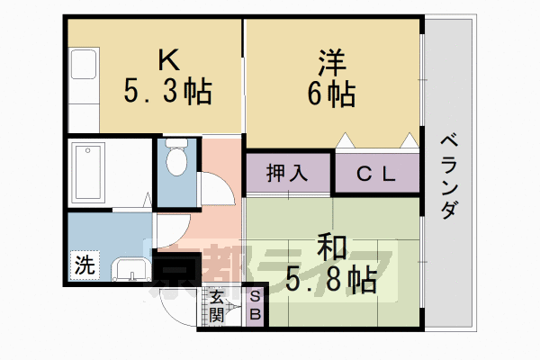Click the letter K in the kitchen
[168, 60]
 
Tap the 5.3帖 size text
[167, 91]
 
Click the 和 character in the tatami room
[331, 247]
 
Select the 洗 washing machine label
[83, 265]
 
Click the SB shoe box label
[255, 306]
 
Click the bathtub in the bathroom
[91, 172]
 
